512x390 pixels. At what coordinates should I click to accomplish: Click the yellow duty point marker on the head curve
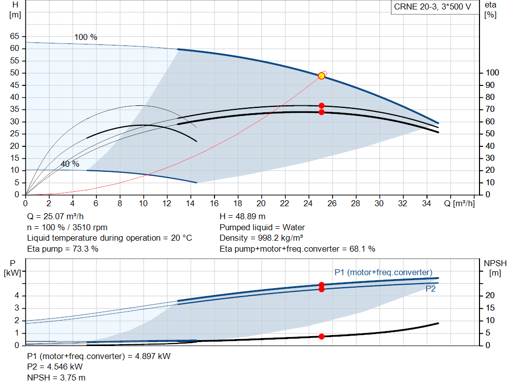[321, 76]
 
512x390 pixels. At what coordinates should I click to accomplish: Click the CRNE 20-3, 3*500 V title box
[432, 7]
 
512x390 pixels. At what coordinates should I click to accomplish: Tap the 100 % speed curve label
[85, 37]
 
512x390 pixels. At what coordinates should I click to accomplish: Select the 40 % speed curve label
[70, 164]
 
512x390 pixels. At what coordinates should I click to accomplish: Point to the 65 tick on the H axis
[14, 36]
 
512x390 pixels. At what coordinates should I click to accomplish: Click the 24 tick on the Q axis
[308, 204]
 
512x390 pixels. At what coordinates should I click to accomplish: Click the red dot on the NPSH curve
[321, 337]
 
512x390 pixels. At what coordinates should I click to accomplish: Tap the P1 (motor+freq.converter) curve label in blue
[383, 272]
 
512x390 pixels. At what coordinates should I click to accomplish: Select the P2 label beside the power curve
[430, 289]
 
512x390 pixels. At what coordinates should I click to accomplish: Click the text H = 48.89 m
[243, 217]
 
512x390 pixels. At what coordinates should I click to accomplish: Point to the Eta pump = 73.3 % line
[62, 249]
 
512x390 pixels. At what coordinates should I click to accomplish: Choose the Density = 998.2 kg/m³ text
[261, 238]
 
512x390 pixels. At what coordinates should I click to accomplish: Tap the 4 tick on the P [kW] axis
[16, 296]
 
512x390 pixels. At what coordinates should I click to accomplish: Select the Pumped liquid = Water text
[262, 227]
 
